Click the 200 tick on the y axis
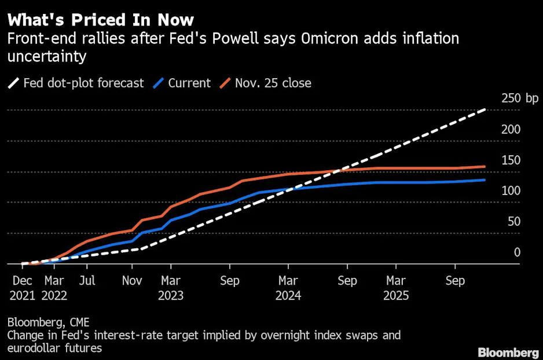click(x=511, y=129)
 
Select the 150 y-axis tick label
click(x=511, y=160)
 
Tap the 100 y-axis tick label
click(x=511, y=191)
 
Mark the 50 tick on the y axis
click(x=513, y=222)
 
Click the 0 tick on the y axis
click(x=517, y=252)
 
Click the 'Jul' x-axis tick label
click(x=87, y=281)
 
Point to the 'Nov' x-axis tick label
click(x=132, y=281)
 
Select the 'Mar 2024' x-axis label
click(x=288, y=288)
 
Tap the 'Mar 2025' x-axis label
click(x=396, y=288)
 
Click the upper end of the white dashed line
click(x=485, y=109)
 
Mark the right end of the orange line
click(x=485, y=167)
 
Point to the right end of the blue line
click(x=485, y=180)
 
